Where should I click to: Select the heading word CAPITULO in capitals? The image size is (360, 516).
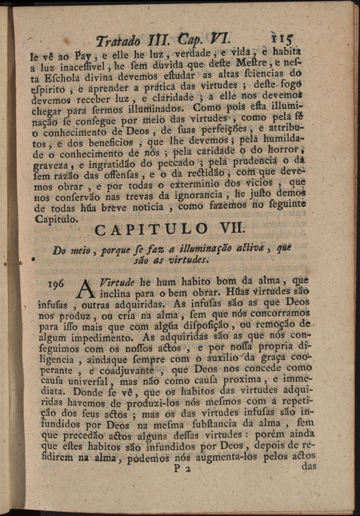(x=151, y=229)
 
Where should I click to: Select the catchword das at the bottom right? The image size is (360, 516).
(x=309, y=466)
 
